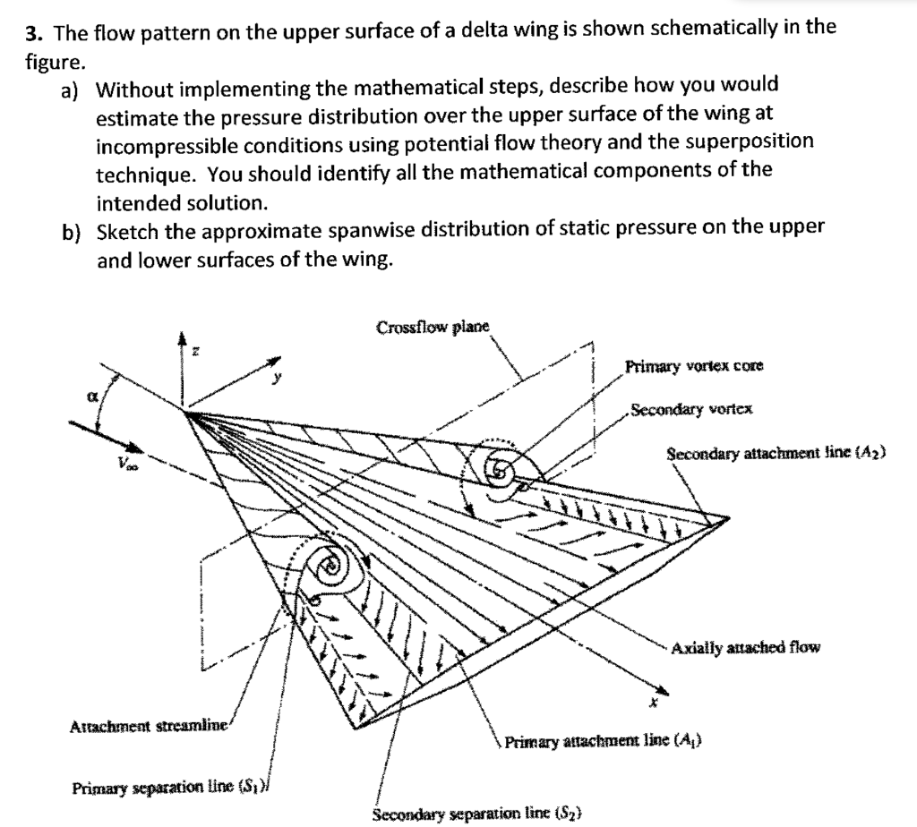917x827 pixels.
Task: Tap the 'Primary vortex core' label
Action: pyautogui.click(x=694, y=366)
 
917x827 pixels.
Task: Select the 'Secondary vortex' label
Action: pyautogui.click(x=691, y=410)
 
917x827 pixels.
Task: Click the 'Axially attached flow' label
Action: pyautogui.click(x=745, y=647)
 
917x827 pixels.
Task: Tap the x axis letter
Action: pyautogui.click(x=655, y=704)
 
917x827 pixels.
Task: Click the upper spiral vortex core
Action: pyautogui.click(x=495, y=466)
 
